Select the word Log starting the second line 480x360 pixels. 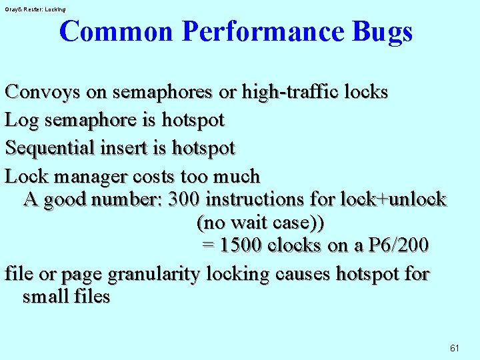pyautogui.click(x=19, y=120)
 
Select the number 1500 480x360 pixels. pyautogui.click(x=242, y=245)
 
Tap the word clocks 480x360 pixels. pyautogui.click(x=294, y=245)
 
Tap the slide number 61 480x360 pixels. pyautogui.click(x=455, y=348)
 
